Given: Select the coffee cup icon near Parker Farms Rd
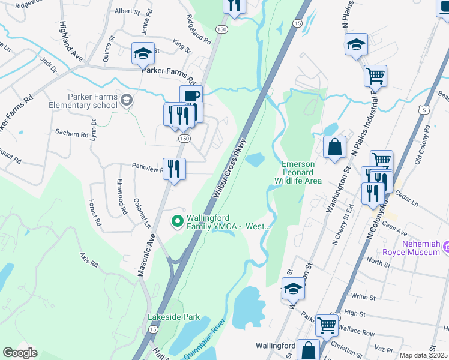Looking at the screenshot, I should (191, 96).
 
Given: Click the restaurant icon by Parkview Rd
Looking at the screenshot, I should (174, 169).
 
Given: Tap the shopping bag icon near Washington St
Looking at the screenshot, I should (334, 147).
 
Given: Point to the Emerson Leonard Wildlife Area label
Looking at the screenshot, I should (298, 172).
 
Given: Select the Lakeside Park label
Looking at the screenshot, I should (173, 316).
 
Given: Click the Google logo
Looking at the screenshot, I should (20, 353).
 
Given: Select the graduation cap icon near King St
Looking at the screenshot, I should (143, 53).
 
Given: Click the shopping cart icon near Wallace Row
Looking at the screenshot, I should (327, 325).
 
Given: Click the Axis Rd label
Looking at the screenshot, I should (89, 259).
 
